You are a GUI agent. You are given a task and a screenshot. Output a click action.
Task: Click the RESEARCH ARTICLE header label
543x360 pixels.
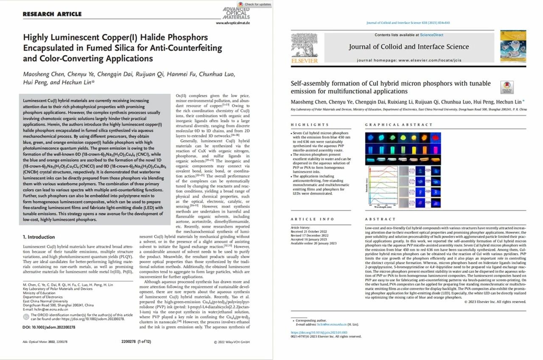(52, 14)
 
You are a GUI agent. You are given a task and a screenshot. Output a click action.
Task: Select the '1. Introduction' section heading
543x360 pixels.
(39, 237)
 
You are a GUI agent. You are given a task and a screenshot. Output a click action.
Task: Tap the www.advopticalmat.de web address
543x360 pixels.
(233, 22)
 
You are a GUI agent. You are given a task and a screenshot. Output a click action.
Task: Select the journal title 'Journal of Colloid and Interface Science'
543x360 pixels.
(409, 47)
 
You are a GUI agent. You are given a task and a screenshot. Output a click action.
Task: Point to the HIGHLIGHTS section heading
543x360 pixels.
(310, 125)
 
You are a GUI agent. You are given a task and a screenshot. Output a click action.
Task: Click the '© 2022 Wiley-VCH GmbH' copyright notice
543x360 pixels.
(232, 342)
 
